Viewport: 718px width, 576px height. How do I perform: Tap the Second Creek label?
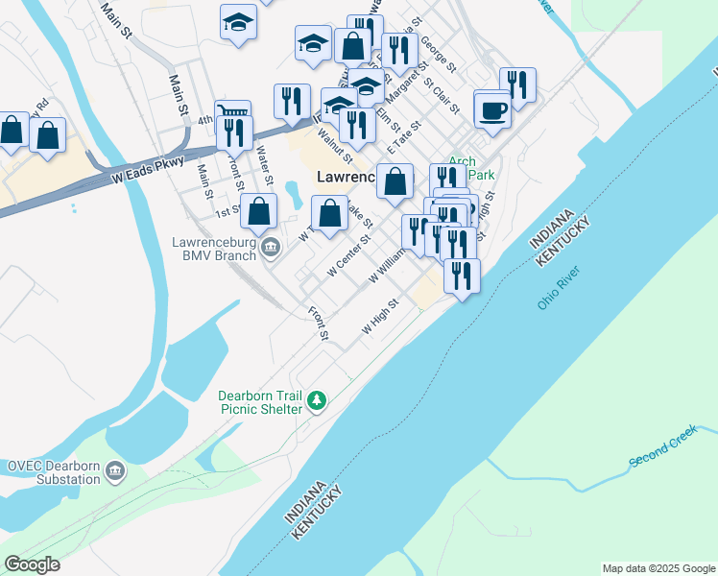tap(661, 448)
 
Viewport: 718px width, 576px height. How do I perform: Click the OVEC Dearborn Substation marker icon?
tap(116, 471)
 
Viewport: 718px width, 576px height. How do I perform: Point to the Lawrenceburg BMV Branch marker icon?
tap(272, 249)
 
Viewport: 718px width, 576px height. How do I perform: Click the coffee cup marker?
tap(493, 110)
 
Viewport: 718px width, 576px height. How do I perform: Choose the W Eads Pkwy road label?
tap(147, 170)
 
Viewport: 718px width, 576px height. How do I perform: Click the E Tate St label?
tap(404, 140)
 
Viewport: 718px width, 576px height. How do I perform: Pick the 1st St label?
tap(227, 211)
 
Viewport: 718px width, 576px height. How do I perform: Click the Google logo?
tap(33, 564)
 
